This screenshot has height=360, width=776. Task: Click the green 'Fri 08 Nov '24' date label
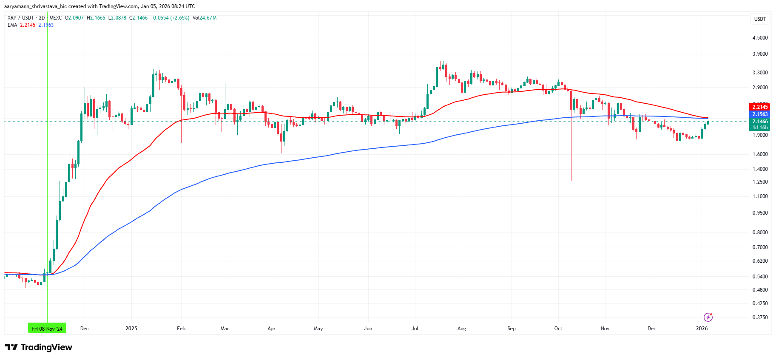click(47, 329)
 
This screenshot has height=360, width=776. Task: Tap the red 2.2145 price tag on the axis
click(760, 107)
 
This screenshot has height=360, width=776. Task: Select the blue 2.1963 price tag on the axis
click(760, 114)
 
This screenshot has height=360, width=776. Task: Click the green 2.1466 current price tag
click(760, 122)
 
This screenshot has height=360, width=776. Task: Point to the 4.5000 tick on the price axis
click(760, 38)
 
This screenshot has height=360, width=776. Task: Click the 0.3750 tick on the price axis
click(760, 317)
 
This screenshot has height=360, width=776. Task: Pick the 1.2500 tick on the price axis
click(760, 182)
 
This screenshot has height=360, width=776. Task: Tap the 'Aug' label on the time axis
click(461, 329)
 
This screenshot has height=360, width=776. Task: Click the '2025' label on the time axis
click(131, 329)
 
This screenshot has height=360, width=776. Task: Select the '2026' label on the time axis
click(702, 329)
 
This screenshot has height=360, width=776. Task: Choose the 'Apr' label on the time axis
click(271, 329)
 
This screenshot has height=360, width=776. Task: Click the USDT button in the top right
click(760, 19)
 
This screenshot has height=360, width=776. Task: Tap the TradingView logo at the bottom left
click(39, 347)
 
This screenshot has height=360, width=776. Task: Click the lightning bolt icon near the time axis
click(708, 317)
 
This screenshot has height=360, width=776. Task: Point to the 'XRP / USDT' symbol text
click(20, 18)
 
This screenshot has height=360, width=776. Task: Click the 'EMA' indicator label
click(12, 25)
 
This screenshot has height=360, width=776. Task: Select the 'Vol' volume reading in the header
click(204, 18)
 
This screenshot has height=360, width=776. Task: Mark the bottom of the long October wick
click(571, 180)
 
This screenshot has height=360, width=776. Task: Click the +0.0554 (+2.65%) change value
click(170, 18)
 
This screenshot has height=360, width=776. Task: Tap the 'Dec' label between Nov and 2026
click(651, 329)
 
